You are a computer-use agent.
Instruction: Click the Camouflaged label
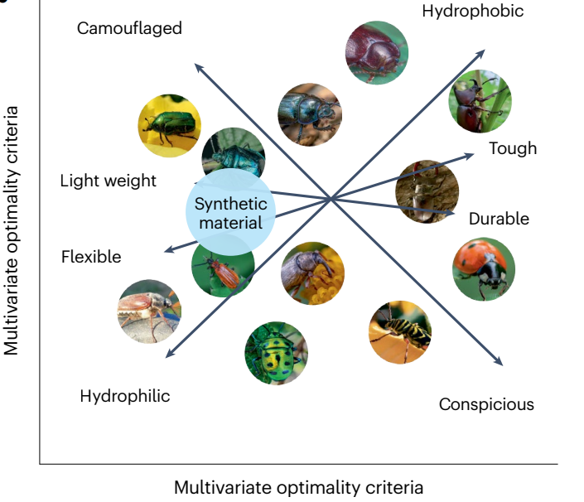pos(129,29)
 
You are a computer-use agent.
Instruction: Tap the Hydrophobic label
pos(473,11)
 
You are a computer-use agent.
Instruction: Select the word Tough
pos(513,149)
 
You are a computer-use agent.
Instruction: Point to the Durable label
pos(499,220)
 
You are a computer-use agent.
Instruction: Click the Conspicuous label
pos(486,404)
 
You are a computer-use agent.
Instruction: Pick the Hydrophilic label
pos(125,396)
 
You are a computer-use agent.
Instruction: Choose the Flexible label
pos(91,257)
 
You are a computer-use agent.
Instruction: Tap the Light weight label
pos(109,181)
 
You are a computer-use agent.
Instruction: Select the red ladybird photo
pos(484,269)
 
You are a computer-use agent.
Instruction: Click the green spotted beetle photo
pos(276,353)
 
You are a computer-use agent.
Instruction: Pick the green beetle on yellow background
pos(169,126)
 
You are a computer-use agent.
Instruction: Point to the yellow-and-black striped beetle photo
pos(400,332)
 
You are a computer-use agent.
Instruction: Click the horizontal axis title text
pos(298,487)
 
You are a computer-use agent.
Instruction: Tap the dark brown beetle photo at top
pos(376,52)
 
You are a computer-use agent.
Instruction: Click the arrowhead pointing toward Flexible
pos(167,249)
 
